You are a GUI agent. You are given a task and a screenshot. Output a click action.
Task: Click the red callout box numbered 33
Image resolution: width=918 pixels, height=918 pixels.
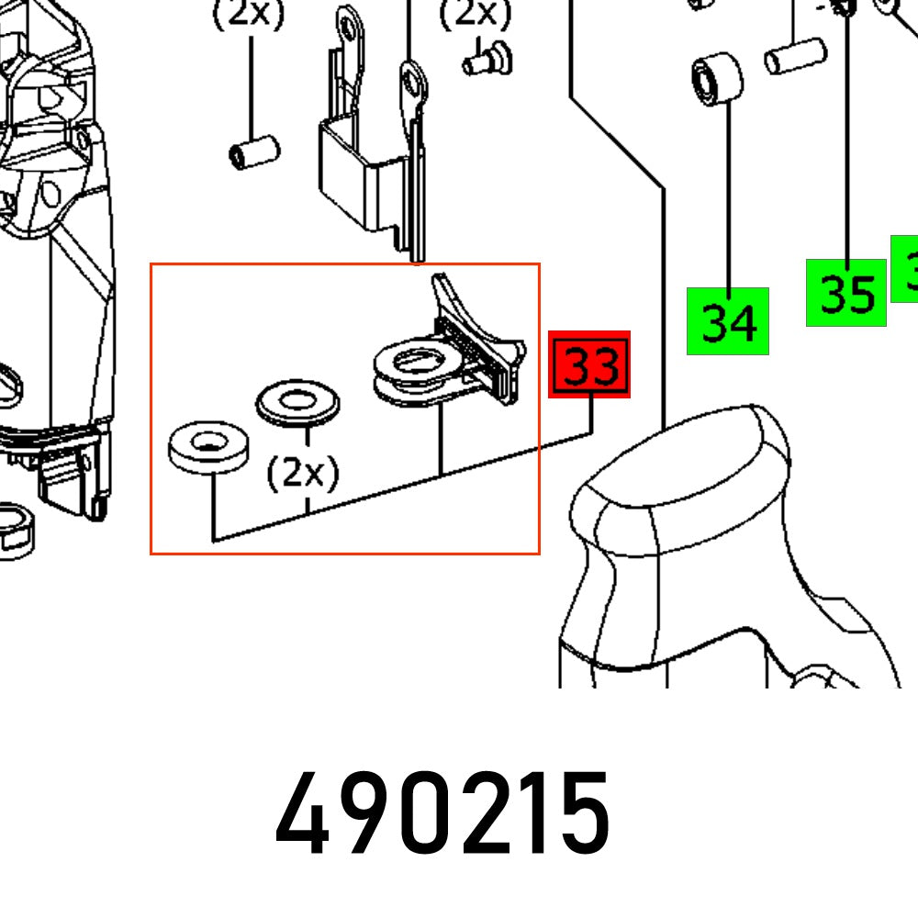pyautogui.click(x=588, y=365)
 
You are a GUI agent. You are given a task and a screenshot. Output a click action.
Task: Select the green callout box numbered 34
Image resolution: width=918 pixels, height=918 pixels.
pyautogui.click(x=727, y=320)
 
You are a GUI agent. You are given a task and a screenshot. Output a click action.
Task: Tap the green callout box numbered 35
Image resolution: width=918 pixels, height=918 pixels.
pyautogui.click(x=845, y=293)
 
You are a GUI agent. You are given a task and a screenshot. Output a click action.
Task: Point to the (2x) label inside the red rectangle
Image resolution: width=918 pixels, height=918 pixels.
pyautogui.click(x=303, y=473)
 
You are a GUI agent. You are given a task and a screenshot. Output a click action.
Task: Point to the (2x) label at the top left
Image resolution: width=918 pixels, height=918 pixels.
pyautogui.click(x=248, y=16)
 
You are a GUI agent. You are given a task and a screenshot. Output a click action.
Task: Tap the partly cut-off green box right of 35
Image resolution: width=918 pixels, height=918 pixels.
pyautogui.click(x=905, y=267)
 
